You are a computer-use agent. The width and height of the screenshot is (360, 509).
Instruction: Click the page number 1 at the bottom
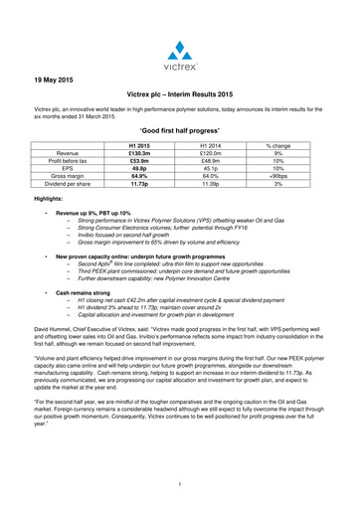click(x=180, y=483)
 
